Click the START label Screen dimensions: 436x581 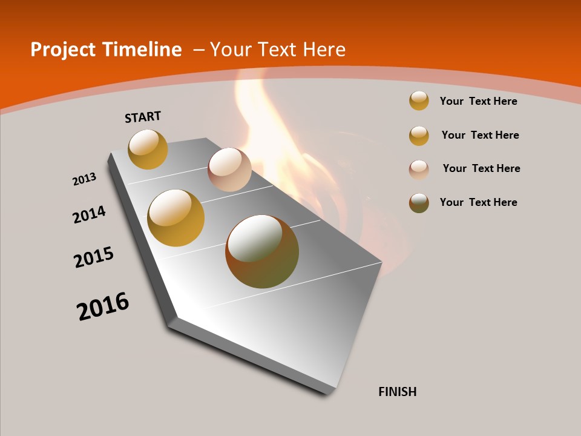143,116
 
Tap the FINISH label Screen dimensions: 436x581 397,392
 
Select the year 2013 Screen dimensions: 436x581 85,179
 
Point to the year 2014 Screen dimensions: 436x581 90,214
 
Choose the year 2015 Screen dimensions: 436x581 94,257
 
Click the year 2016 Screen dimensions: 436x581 103,306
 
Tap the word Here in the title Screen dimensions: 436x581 324,50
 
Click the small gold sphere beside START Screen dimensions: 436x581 148,149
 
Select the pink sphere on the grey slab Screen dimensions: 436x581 229,170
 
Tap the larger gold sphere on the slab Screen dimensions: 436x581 176,218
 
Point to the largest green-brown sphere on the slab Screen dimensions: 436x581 262,251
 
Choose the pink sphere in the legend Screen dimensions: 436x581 419,169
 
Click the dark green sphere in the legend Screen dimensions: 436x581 419,203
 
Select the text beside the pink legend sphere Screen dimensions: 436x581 481,168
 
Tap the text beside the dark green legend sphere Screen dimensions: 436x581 478,202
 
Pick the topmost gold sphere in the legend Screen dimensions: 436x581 419,101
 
